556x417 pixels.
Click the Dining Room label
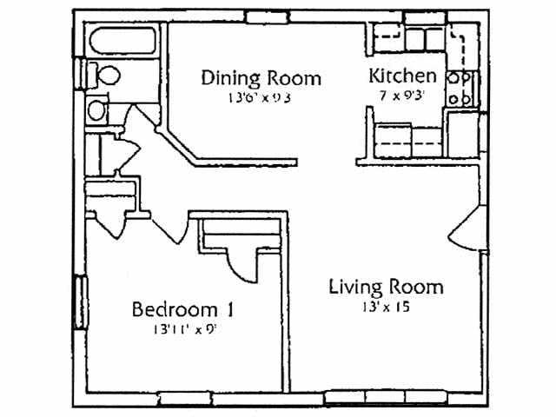[x=261, y=78]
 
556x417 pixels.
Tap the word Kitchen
[x=402, y=75]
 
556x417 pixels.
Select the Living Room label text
[x=386, y=287]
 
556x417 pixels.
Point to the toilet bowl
[x=106, y=76]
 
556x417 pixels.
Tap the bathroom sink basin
[x=96, y=109]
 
